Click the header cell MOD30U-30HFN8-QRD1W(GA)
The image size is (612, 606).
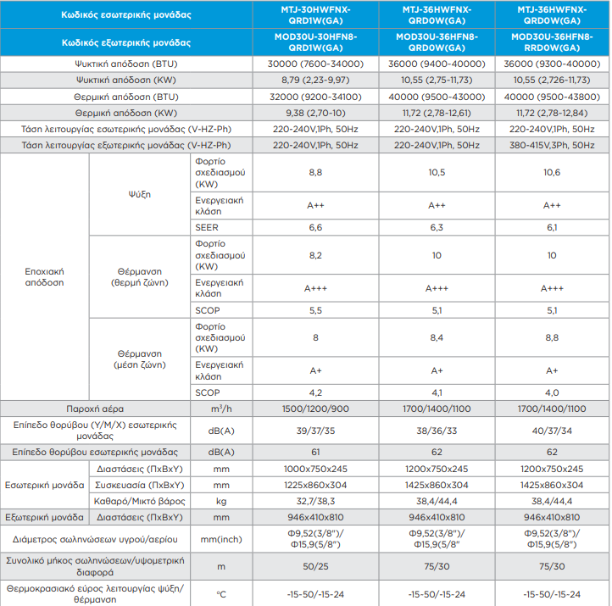tap(315, 42)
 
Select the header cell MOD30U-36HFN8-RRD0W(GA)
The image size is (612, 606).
tap(552, 42)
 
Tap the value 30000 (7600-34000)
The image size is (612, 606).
tap(315, 64)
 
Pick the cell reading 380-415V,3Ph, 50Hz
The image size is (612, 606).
tap(552, 145)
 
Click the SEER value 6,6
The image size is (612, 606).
tap(315, 227)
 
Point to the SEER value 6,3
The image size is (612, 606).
tap(437, 227)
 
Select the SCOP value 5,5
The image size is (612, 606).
tap(315, 310)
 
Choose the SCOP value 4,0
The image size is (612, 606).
tap(552, 392)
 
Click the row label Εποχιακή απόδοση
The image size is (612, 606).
tap(44, 277)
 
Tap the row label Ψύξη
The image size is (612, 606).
tap(139, 194)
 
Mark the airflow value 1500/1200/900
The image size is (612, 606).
tap(315, 409)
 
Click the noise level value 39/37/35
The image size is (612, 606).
tap(315, 431)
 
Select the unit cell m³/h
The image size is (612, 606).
tap(221, 409)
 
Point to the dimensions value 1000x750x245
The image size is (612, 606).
tap(315, 469)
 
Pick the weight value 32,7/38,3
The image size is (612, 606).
tap(315, 501)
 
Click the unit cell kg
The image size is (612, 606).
tap(221, 502)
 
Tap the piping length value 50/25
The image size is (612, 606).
tap(315, 566)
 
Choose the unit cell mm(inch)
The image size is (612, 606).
tap(221, 539)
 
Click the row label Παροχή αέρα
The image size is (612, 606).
tap(95, 409)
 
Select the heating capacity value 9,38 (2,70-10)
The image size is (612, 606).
tap(315, 114)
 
